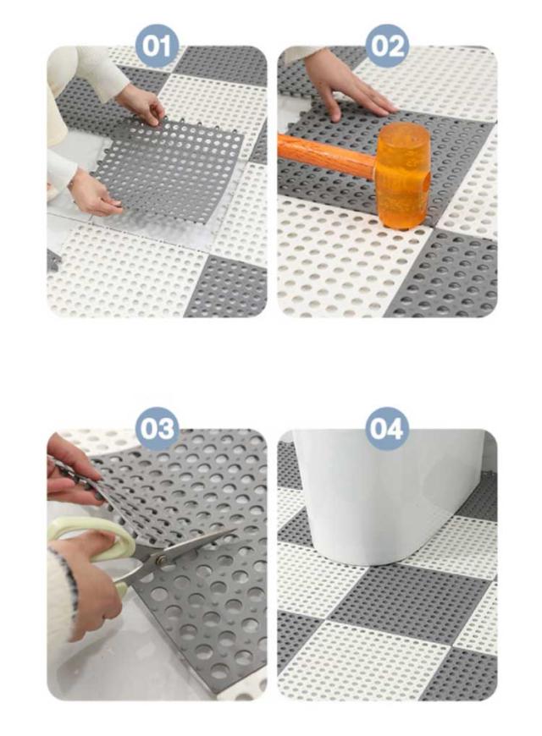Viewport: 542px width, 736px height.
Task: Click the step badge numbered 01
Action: pyautogui.click(x=157, y=47)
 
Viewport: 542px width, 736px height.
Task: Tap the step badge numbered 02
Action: pyautogui.click(x=387, y=46)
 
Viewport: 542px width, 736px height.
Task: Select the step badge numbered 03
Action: pyautogui.click(x=157, y=429)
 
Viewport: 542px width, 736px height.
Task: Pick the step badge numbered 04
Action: pyautogui.click(x=387, y=429)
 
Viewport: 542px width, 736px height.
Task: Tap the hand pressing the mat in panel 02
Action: pyautogui.click(x=351, y=87)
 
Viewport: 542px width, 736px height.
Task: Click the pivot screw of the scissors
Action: pyautogui.click(x=161, y=560)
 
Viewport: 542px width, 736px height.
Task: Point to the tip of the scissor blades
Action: pyautogui.click(x=235, y=530)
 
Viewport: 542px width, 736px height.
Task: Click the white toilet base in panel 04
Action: pyautogui.click(x=385, y=497)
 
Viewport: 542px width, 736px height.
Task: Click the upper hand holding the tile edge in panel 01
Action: pyautogui.click(x=141, y=104)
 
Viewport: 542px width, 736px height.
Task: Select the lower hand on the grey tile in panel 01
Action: pyautogui.click(x=94, y=192)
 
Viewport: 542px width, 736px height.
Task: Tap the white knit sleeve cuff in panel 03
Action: pyautogui.click(x=64, y=606)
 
